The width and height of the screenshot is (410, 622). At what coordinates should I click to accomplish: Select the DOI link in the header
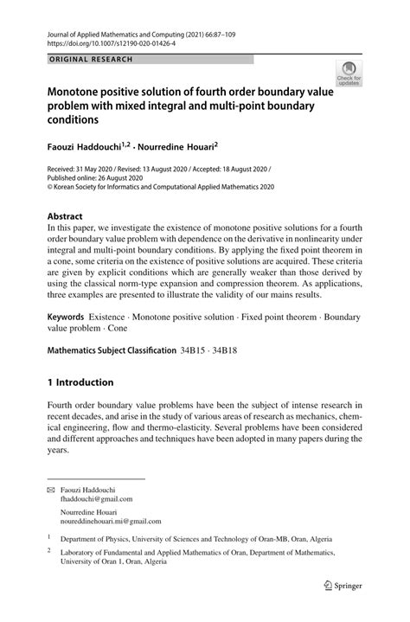[113, 41]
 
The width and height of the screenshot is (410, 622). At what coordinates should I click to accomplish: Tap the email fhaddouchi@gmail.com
[97, 499]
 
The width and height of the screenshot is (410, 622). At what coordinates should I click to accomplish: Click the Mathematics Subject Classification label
[122, 351]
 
